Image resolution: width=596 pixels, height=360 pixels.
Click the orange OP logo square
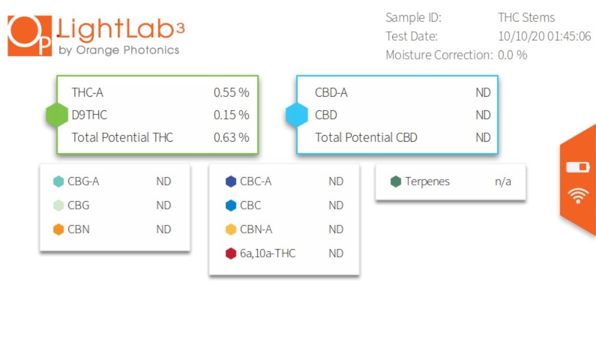point(29,36)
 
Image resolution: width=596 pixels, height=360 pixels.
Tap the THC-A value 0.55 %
point(231,92)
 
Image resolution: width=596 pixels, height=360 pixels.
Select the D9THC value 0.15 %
point(231,115)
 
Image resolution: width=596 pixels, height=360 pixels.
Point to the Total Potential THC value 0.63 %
point(231,137)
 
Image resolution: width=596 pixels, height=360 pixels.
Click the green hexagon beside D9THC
point(57,115)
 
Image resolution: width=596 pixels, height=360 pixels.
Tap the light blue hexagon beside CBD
point(297,115)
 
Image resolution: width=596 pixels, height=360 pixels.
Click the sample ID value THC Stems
point(526,17)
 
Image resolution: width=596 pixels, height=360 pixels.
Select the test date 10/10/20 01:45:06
point(544,36)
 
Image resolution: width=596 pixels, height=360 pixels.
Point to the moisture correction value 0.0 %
point(513,55)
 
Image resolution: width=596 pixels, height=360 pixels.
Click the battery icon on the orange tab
point(578,167)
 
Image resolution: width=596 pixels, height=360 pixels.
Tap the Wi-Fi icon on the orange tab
point(578,196)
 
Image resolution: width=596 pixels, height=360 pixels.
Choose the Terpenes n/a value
point(503,182)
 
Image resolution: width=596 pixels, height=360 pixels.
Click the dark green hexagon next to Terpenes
point(396,182)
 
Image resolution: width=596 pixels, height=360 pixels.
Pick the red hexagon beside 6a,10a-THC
point(231,253)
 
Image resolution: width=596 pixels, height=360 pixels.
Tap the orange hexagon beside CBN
point(59,229)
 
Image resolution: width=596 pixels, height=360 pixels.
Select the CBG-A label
point(83,182)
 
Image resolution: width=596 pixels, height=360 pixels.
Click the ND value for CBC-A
point(336,182)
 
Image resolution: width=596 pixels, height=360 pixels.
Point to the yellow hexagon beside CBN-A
point(231,229)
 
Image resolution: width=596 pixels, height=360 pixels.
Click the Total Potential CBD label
point(366,137)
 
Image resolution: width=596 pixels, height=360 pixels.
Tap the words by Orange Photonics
point(119,50)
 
